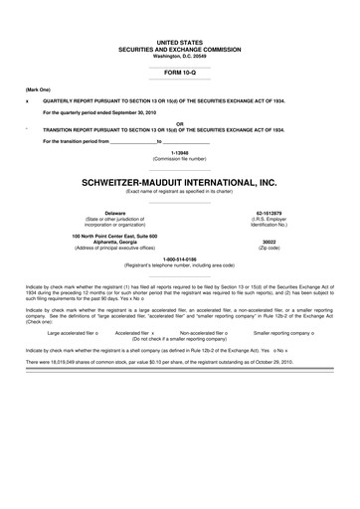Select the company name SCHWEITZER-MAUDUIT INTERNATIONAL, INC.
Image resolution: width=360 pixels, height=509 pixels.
pos(179,182)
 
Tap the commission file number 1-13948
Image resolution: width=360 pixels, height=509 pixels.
pos(179,153)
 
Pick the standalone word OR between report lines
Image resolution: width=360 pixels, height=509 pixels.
pos(179,124)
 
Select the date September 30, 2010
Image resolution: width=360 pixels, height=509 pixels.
pos(136,111)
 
